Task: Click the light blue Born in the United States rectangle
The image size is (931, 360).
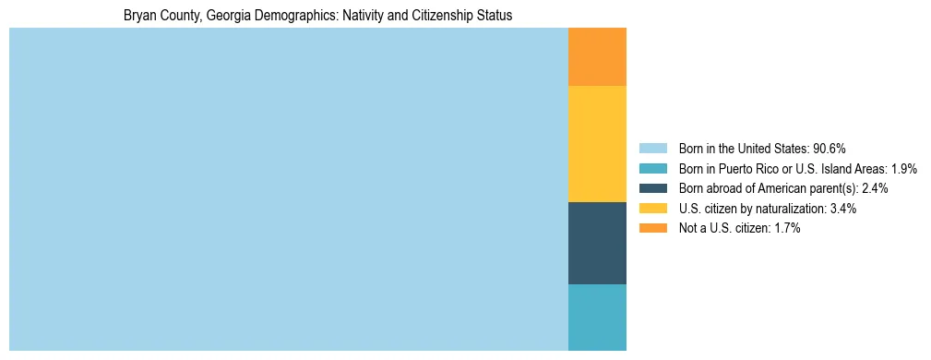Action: (288, 189)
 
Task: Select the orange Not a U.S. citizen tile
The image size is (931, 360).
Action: (597, 57)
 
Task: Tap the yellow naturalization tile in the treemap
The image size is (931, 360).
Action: (597, 143)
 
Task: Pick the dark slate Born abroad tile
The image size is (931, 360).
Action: (597, 243)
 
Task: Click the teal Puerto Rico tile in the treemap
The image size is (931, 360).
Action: (597, 317)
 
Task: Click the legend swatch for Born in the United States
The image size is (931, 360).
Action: (652, 149)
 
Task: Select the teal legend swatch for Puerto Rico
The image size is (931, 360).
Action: (652, 169)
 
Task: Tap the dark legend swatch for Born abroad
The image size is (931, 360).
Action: (652, 188)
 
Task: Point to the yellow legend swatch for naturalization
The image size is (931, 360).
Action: (652, 209)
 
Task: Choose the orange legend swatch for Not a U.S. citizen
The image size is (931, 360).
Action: (652, 228)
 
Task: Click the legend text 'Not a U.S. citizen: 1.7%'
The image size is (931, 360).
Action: (739, 228)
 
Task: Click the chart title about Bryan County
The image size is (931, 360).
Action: (317, 16)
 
